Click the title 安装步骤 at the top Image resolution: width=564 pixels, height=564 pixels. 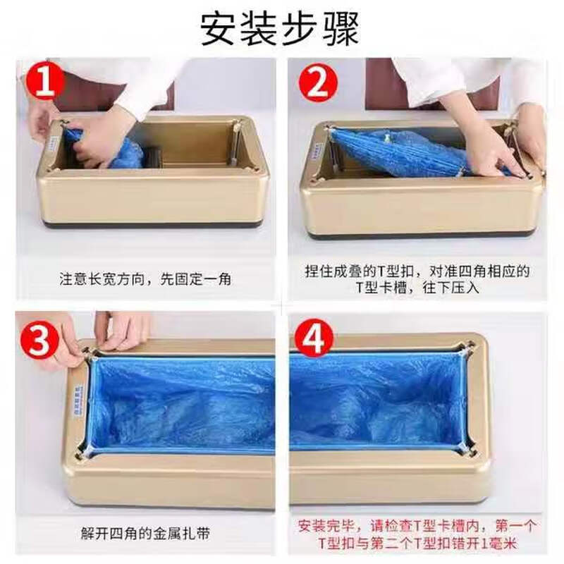click(280, 28)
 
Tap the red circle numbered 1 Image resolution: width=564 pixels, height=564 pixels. click(46, 82)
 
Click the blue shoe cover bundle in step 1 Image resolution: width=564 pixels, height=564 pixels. click(113, 149)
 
